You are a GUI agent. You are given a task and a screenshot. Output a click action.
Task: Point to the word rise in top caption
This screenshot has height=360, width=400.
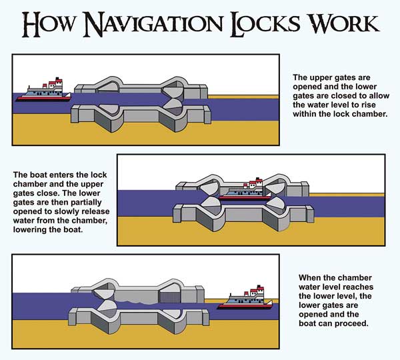click(362, 105)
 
